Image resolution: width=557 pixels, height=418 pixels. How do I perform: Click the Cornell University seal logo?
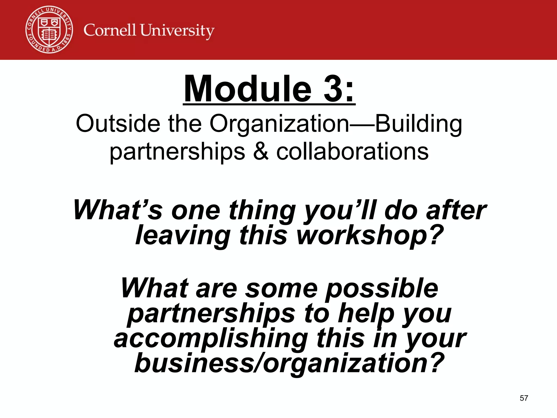point(49,29)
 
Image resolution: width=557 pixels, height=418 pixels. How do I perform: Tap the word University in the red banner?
point(177,31)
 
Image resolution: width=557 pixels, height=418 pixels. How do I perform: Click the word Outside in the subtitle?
point(118,124)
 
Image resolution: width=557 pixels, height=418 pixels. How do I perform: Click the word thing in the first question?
point(262,211)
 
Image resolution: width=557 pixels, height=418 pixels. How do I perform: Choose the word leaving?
point(183,236)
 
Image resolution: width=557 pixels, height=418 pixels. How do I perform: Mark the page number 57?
point(524,398)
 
